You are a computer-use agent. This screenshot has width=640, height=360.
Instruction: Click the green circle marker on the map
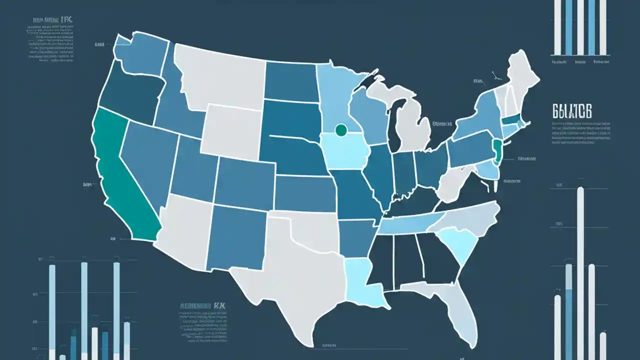[341, 130]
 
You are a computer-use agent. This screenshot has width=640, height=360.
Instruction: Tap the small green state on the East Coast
[497, 150]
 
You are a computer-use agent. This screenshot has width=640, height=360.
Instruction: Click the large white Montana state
[220, 75]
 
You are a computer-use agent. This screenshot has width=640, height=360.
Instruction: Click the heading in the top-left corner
[52, 21]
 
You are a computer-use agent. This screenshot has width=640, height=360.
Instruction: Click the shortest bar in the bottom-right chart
[603, 345]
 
